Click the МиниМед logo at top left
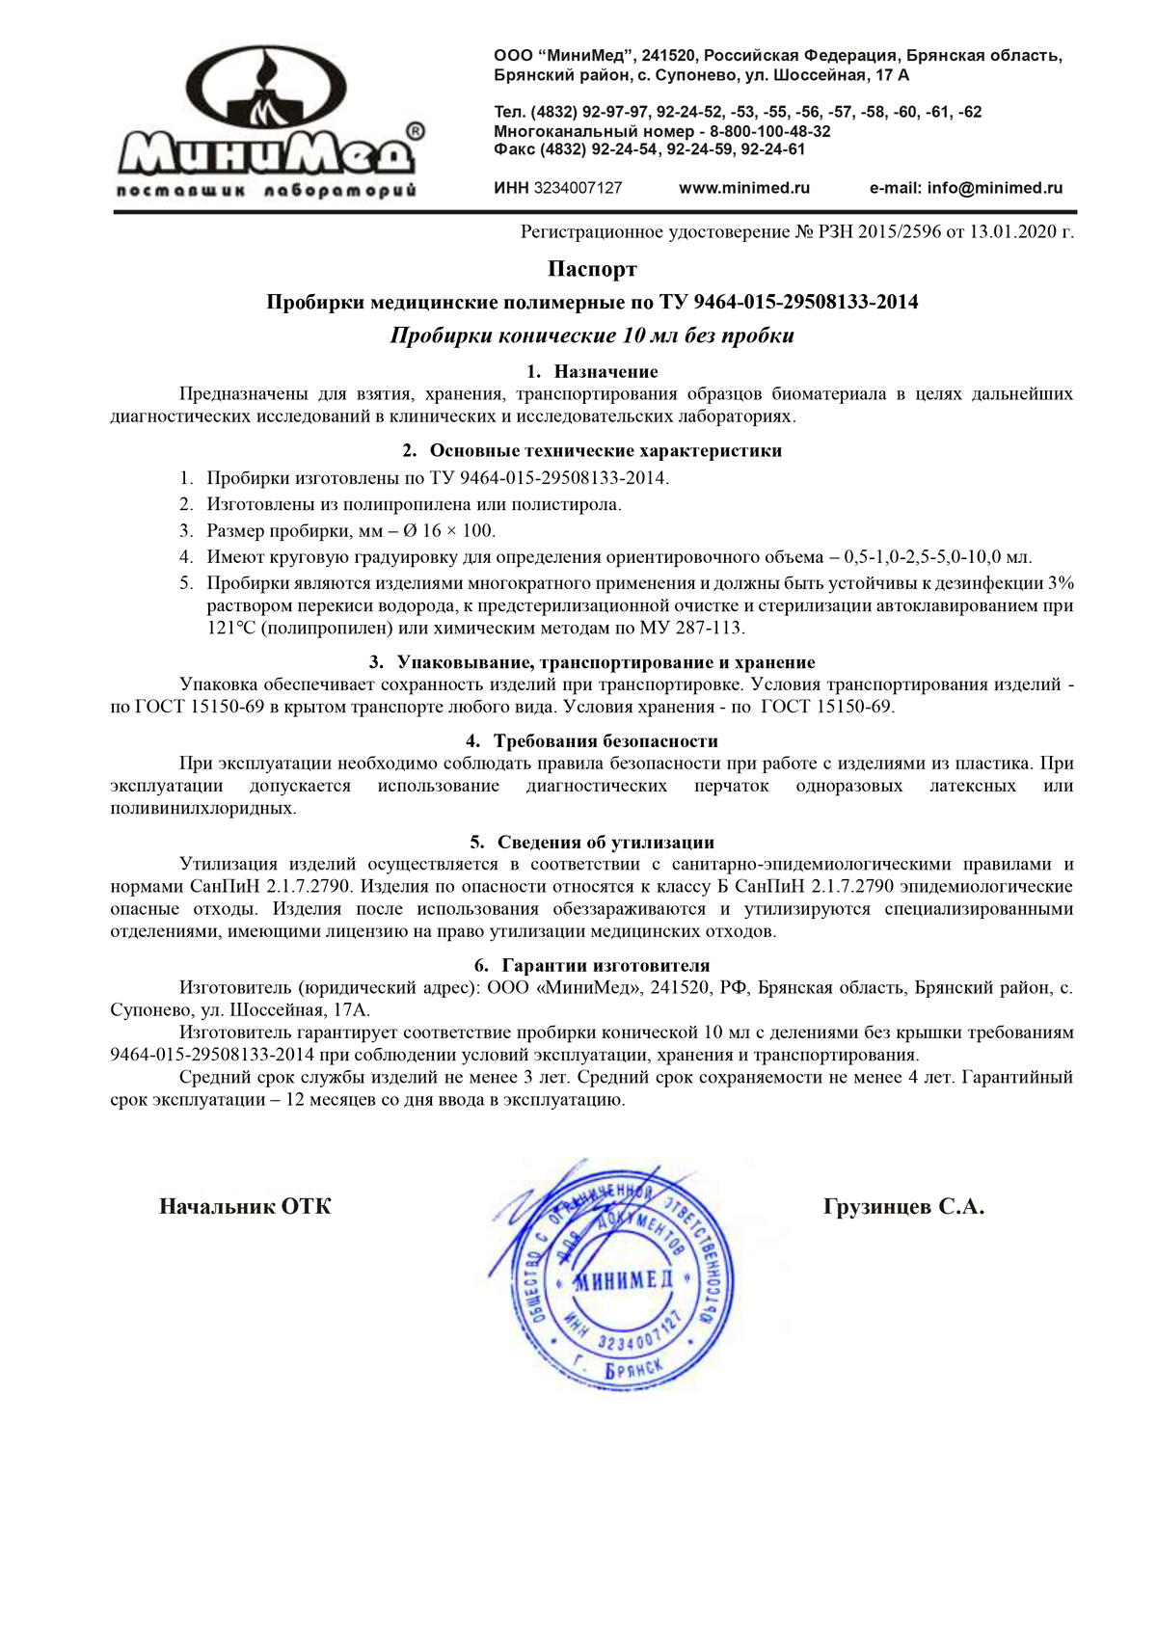267,121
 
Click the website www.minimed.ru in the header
744,188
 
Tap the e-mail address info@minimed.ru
995,188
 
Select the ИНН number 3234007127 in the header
578,188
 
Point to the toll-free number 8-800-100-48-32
770,131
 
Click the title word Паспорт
592,269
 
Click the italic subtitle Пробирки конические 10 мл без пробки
592,335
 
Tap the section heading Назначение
605,372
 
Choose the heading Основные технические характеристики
605,451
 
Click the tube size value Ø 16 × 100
456,531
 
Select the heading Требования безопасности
605,741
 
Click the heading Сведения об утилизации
605,843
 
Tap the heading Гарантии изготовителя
605,966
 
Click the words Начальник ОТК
245,1207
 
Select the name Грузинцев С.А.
903,1207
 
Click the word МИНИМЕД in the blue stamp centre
624,1280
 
